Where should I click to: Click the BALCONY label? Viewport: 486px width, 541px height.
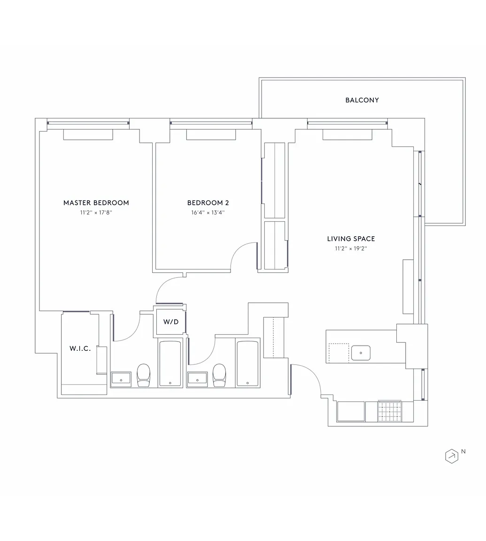coord(362,100)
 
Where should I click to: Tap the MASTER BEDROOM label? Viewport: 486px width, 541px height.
coord(96,203)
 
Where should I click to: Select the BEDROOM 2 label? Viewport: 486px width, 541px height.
coord(208,203)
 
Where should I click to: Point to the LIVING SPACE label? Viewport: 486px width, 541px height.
coord(351,239)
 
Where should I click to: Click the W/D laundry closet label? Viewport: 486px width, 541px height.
coord(171,322)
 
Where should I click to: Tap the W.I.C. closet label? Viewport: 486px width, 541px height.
coord(80,348)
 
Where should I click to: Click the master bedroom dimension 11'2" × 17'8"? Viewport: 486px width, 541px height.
coord(96,213)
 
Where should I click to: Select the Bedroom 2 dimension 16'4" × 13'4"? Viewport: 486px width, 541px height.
coord(208,213)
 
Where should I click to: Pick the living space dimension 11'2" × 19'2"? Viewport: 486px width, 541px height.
coord(351,248)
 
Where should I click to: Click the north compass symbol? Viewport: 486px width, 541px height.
coord(452,456)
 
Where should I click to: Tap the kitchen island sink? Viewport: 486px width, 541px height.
coord(361,353)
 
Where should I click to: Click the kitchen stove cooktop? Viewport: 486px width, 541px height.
coord(389,411)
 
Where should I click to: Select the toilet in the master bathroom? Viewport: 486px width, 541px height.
coord(144,375)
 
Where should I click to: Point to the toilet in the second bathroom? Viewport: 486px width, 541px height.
coord(219,375)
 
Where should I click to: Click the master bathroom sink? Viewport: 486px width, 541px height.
coord(121,379)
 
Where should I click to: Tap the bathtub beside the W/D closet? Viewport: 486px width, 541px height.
coord(170,363)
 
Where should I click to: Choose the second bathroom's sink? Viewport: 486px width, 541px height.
coord(197,379)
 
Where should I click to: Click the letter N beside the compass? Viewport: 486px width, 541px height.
coord(463,451)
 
